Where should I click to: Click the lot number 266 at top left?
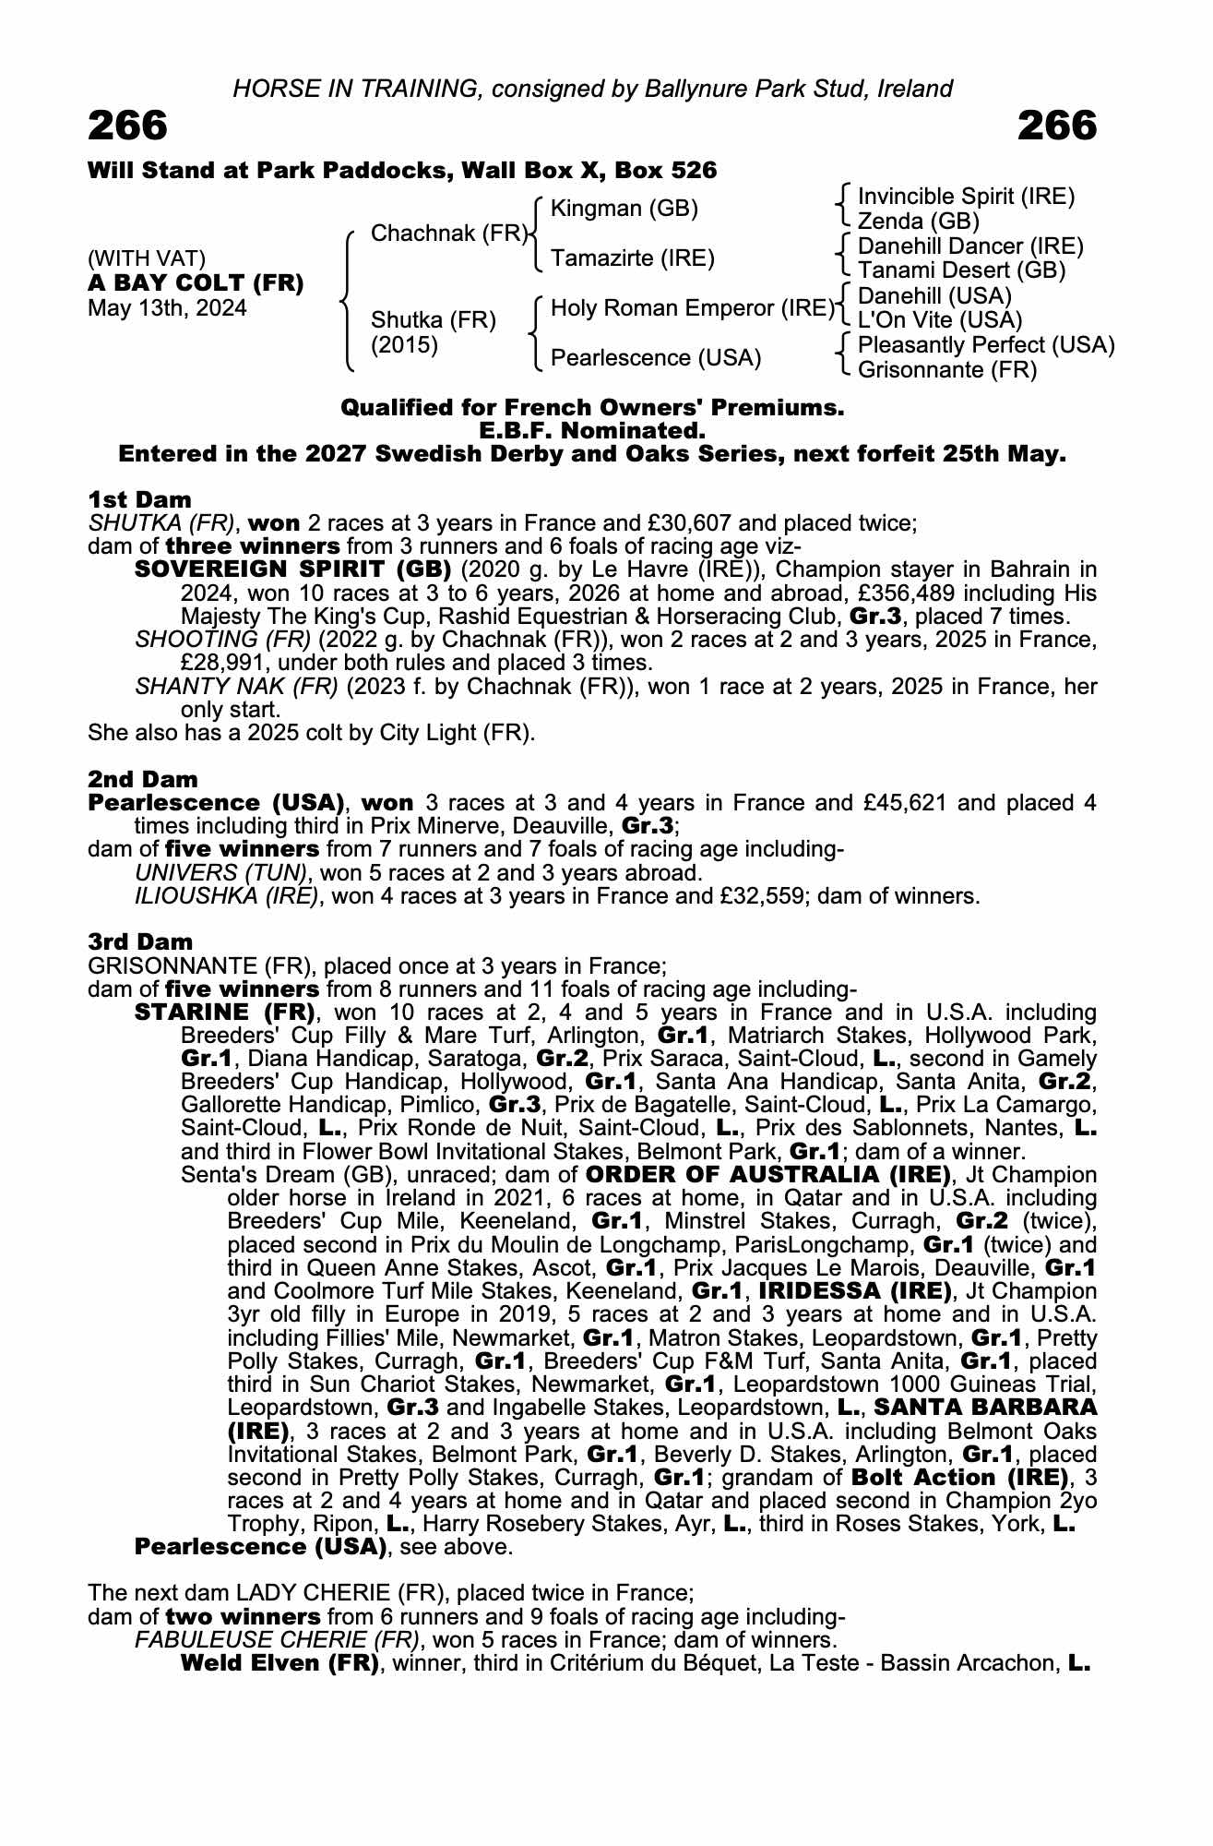coord(128,126)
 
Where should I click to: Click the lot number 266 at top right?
coord(1057,126)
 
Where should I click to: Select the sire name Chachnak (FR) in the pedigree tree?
coord(448,234)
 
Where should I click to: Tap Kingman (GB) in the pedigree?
coord(624,209)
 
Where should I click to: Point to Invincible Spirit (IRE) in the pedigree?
coord(966,197)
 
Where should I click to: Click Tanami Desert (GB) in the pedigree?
coord(961,270)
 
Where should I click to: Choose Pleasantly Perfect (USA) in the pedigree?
coord(986,345)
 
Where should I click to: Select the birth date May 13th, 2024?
coord(167,308)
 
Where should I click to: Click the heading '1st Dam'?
coord(139,499)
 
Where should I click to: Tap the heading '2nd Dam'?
coord(143,779)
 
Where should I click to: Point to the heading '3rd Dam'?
coord(140,941)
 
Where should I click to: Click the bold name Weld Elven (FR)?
coord(279,1663)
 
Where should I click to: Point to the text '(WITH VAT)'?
coord(147,258)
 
